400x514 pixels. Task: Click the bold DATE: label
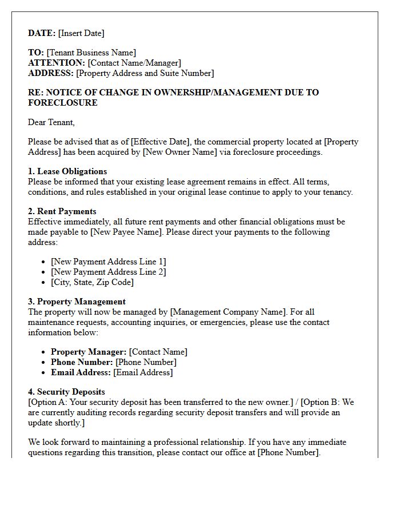(x=42, y=33)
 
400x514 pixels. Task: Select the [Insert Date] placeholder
(x=81, y=33)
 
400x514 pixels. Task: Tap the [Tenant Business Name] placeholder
(x=91, y=53)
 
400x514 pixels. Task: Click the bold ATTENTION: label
(x=57, y=63)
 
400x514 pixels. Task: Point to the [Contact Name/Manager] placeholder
(x=134, y=63)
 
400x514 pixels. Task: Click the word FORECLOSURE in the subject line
(x=63, y=103)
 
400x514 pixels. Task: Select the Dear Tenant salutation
(x=51, y=122)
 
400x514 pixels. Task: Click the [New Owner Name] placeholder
(x=179, y=152)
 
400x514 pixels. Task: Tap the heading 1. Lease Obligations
(x=67, y=171)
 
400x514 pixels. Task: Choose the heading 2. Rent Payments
(x=62, y=211)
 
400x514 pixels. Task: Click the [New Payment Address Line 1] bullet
(x=109, y=262)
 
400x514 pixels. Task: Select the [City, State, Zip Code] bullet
(x=92, y=282)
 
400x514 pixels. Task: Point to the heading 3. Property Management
(x=77, y=302)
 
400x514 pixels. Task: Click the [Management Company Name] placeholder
(x=228, y=312)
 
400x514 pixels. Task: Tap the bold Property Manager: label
(x=89, y=352)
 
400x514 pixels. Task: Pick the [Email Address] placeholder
(x=143, y=372)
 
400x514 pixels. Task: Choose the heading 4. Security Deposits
(x=66, y=392)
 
